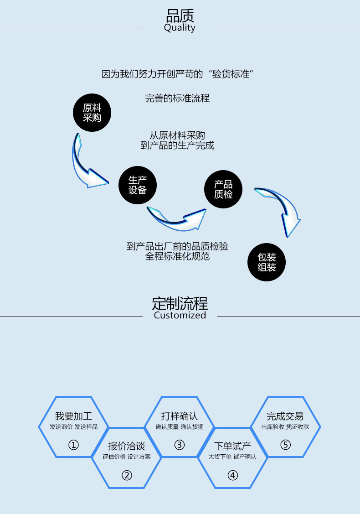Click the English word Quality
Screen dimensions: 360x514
point(180,28)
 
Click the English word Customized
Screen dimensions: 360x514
point(180,315)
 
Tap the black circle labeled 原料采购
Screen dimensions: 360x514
point(92,113)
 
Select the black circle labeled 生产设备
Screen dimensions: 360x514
point(138,185)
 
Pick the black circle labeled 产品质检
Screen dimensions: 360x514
point(223,189)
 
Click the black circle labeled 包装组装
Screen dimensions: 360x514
point(267,262)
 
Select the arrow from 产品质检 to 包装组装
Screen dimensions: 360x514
point(283,208)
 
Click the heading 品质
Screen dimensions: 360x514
point(180,16)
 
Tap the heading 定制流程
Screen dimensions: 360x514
point(180,303)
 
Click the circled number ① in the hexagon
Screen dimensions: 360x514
point(73,445)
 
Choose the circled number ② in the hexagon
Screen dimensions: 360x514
point(127,475)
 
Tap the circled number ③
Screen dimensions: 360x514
point(180,445)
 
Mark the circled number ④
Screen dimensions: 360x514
point(233,475)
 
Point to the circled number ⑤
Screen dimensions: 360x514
point(285,445)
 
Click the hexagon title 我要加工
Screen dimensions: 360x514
point(73,416)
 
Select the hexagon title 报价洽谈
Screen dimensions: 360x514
point(127,446)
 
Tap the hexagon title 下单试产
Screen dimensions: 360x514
point(232,446)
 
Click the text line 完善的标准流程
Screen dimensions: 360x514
point(177,98)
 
